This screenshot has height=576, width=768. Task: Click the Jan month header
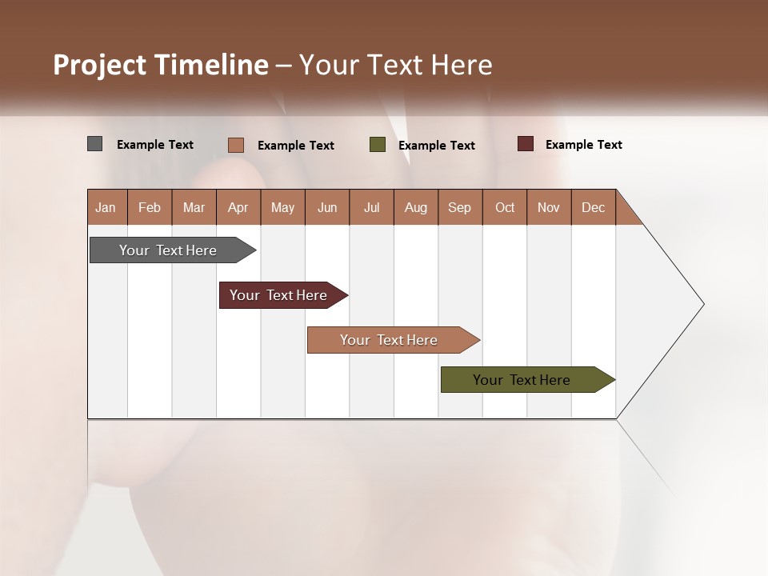click(x=106, y=207)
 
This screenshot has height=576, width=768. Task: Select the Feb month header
click(x=150, y=207)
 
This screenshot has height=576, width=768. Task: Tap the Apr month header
click(x=238, y=207)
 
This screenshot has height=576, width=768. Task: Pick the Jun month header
click(x=327, y=207)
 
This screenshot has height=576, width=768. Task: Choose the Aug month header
click(x=416, y=207)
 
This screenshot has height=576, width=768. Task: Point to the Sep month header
click(x=460, y=207)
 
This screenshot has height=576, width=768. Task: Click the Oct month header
click(x=505, y=207)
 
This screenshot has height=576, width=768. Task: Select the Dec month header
click(x=594, y=207)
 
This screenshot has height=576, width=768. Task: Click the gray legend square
click(x=95, y=144)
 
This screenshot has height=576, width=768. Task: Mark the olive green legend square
click(x=378, y=145)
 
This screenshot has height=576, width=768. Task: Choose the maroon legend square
click(x=526, y=144)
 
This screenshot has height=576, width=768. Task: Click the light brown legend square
click(x=236, y=145)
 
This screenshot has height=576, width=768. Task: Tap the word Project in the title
click(x=100, y=65)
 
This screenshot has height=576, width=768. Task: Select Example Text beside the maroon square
click(x=583, y=145)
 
